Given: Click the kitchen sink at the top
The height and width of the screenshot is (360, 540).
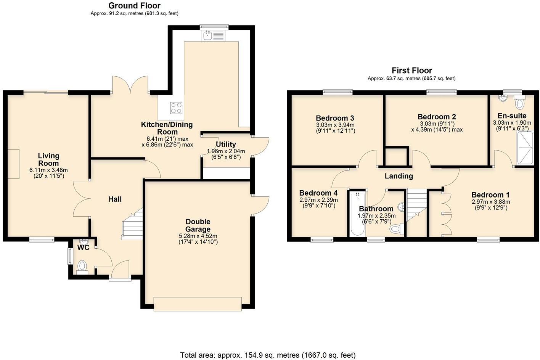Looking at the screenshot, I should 214,36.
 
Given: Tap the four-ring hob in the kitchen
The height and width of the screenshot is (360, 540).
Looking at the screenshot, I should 176,108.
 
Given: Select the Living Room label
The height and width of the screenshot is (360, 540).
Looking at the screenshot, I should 48,159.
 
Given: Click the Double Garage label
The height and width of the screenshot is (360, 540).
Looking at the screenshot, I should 198,225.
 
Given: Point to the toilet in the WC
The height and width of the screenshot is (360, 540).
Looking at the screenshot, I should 82,266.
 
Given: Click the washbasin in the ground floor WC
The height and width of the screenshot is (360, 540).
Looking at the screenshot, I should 83,242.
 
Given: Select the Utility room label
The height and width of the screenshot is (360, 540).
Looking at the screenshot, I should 226,145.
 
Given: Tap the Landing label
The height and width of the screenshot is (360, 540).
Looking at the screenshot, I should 399,176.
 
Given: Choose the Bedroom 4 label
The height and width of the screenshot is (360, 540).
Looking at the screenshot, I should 318,193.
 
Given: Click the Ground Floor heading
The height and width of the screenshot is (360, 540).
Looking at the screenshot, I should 134,6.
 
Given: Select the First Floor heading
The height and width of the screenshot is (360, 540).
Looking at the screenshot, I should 411,71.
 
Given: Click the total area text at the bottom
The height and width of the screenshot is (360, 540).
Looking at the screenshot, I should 268,355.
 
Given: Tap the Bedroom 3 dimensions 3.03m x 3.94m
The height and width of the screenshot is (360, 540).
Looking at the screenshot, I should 335,125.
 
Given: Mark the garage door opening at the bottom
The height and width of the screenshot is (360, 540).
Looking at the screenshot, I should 198,304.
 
